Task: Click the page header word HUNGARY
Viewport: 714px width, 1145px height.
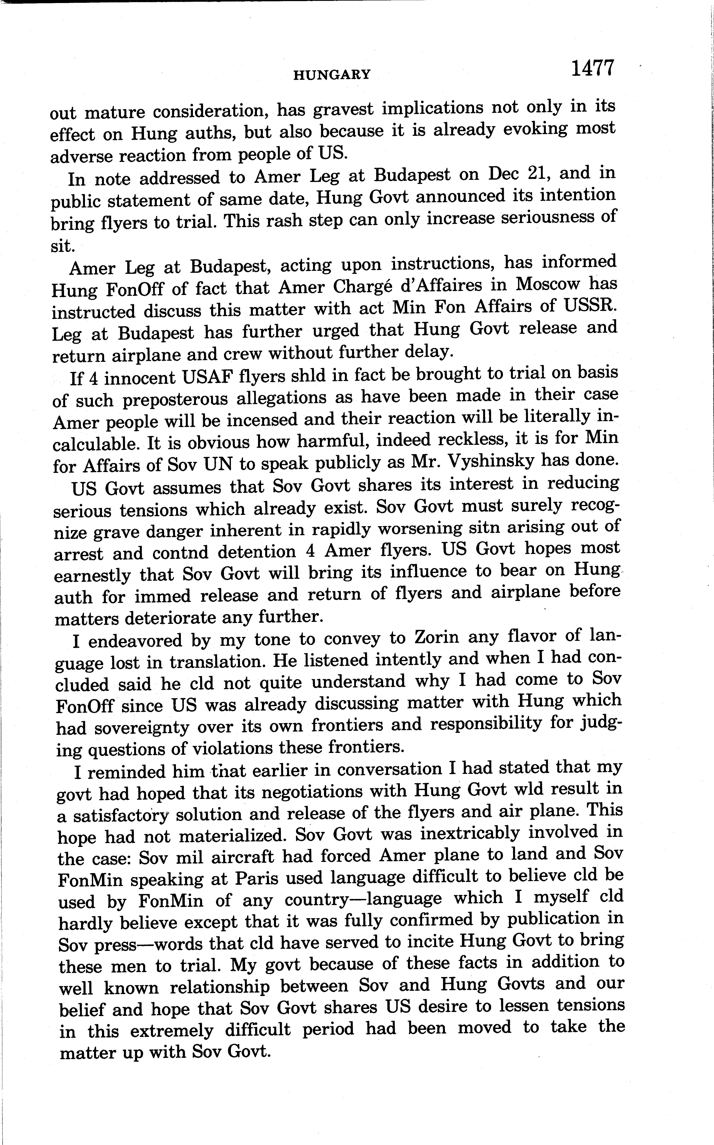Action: [x=332, y=74]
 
